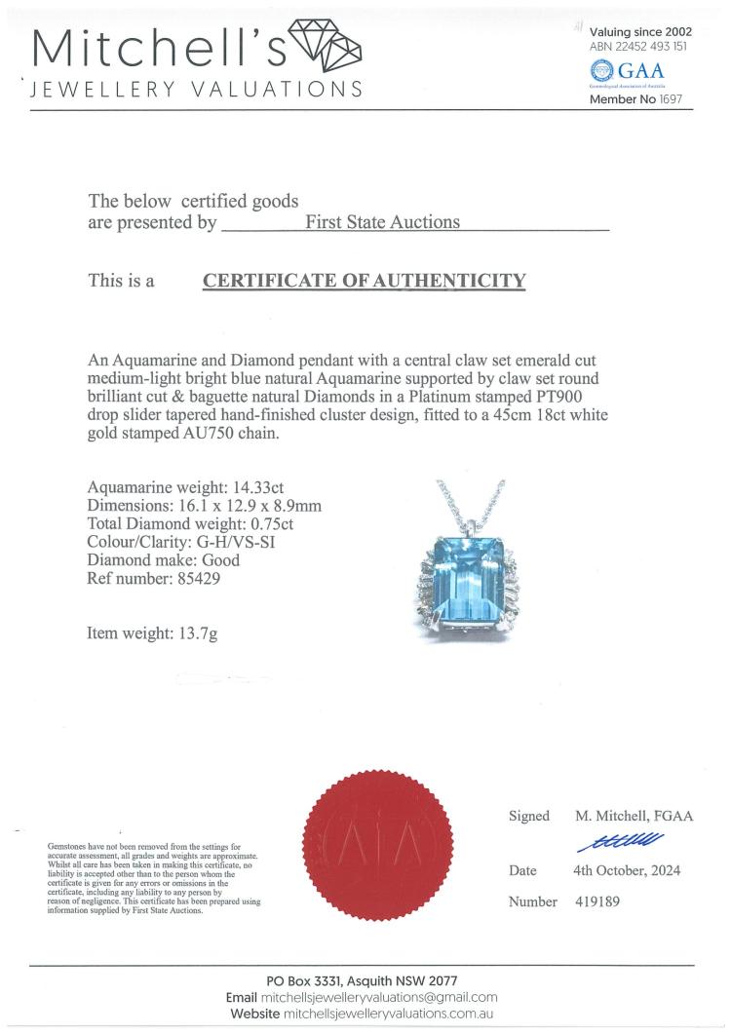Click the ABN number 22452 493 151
(x=664, y=46)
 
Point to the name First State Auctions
(x=382, y=222)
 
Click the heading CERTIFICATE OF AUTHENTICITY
(x=364, y=281)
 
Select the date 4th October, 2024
(x=626, y=870)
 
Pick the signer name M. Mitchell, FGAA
(x=633, y=816)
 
